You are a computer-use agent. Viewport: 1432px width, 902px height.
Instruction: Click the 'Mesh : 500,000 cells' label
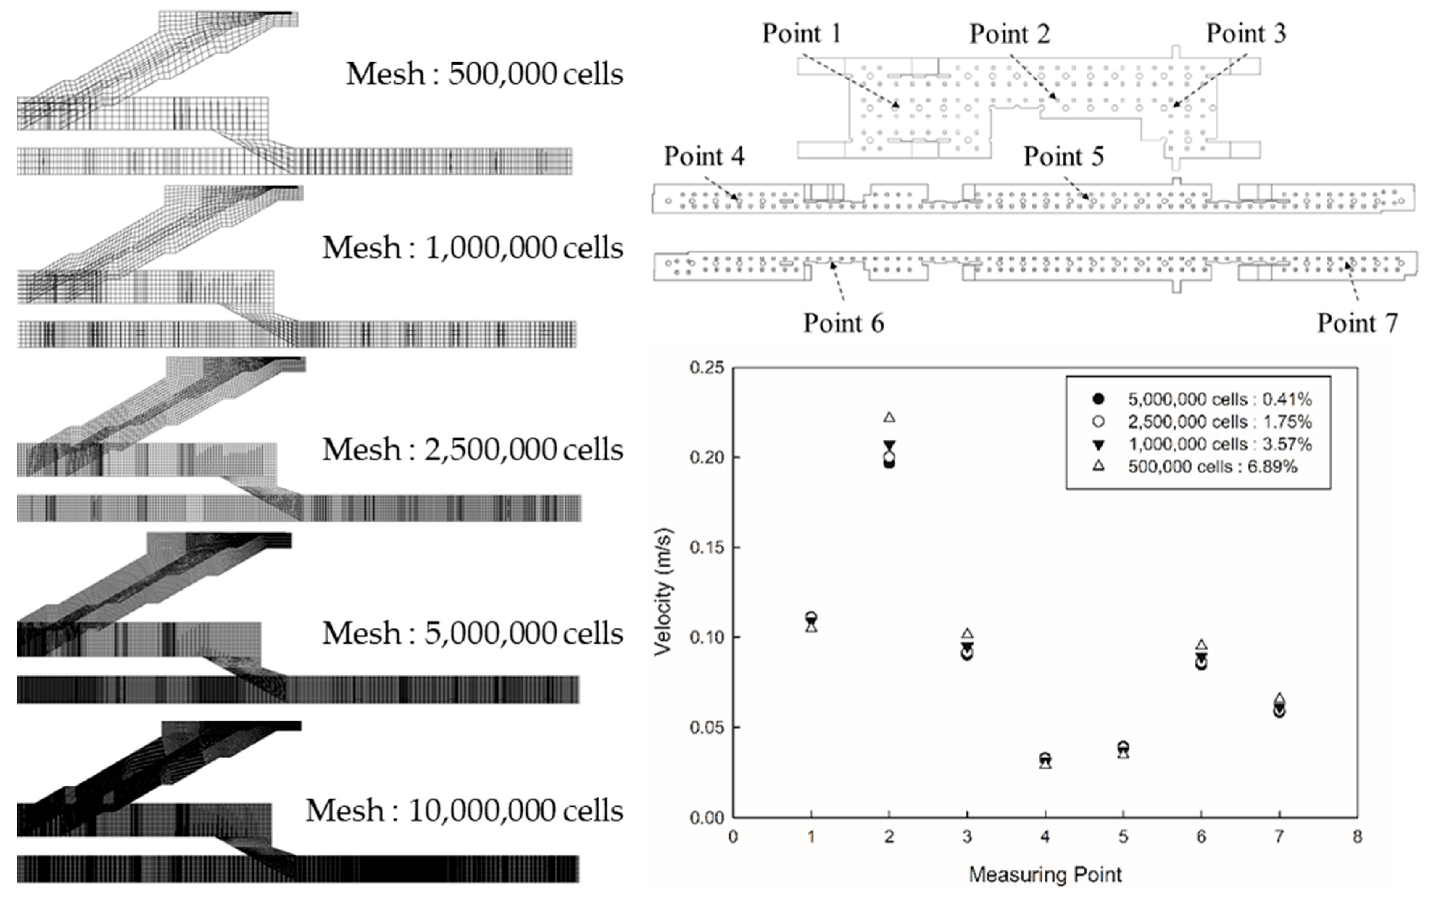point(485,74)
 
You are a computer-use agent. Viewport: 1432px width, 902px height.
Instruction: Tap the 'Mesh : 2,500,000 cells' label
point(473,450)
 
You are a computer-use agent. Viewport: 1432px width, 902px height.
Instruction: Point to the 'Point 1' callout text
point(802,33)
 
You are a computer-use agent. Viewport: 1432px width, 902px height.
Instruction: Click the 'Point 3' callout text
point(1246,33)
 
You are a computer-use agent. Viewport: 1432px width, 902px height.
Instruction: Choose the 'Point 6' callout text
point(843,323)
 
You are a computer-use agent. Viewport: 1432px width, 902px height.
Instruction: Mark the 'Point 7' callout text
point(1357,323)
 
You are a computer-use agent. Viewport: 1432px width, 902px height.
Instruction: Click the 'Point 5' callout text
point(1063,157)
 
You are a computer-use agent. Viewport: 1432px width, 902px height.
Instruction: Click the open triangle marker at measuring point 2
point(889,417)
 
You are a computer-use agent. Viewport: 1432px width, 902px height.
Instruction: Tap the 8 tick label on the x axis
point(1357,837)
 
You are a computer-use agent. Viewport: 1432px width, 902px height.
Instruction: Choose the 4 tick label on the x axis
point(1045,837)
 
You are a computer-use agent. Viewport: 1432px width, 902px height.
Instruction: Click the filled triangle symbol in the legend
point(1099,444)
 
